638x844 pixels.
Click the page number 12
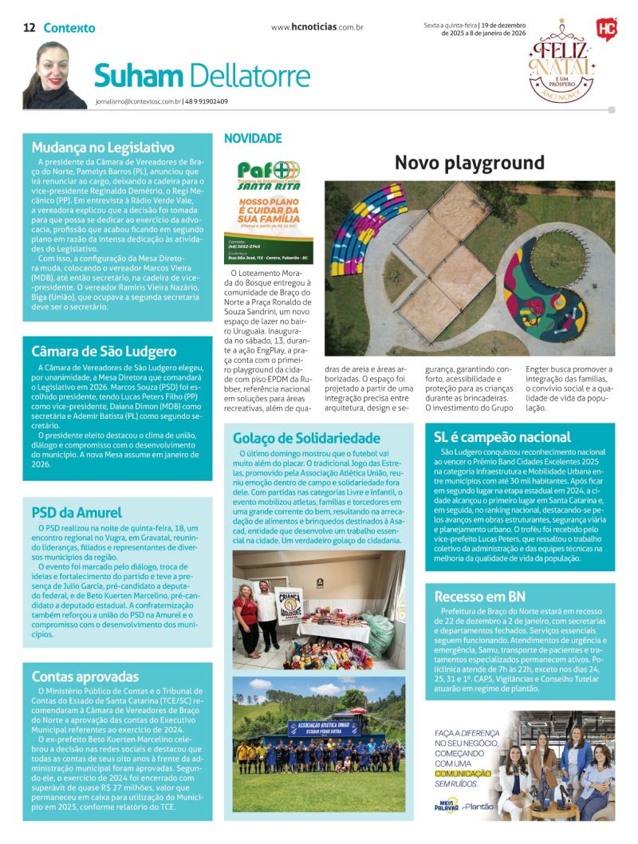29,28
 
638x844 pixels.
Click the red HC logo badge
606,29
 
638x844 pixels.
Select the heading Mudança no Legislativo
103,147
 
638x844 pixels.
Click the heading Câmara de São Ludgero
104,351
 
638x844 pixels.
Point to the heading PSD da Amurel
77,512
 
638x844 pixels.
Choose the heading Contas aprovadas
85,676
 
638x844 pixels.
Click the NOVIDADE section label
253,138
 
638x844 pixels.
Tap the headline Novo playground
470,164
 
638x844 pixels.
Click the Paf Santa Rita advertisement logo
269,173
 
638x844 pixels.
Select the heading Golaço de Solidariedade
306,438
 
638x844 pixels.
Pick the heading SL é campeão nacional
502,436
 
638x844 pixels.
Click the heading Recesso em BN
480,596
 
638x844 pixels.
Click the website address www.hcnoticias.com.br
317,27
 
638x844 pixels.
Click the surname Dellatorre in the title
250,76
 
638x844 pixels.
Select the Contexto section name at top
69,28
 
